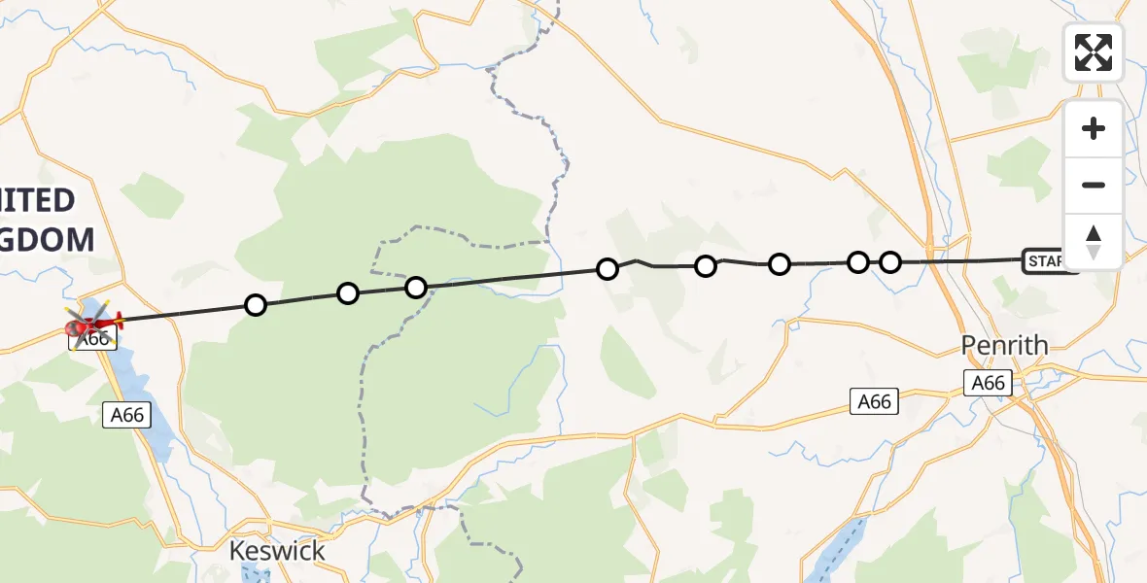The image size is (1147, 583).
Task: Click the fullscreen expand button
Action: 1094,52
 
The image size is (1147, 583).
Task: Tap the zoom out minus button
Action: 1094,185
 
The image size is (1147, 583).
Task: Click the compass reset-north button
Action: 1094,241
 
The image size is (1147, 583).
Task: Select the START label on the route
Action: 1048,260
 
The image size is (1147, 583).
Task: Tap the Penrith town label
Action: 1004,345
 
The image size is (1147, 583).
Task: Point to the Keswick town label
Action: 277,551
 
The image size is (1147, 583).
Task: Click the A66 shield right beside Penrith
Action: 989,383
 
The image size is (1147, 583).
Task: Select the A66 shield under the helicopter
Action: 94,339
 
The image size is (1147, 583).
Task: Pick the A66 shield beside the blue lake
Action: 126,415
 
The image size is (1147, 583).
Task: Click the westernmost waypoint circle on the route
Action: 256,305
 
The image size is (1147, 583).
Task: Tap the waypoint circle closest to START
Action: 890,261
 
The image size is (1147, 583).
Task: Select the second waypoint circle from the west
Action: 347,293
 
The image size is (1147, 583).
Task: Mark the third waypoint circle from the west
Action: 416,288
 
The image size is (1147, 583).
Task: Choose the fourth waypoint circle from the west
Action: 608,269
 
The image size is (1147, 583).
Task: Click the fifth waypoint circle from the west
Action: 706,266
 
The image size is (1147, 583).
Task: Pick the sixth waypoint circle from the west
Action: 780,264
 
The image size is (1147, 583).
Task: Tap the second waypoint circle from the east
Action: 858,262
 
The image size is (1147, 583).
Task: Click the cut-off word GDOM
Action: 48,239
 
